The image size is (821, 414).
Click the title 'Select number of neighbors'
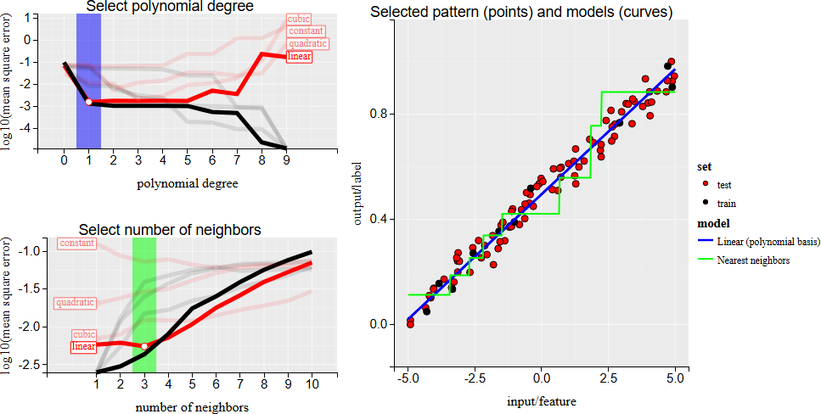pyautogui.click(x=170, y=229)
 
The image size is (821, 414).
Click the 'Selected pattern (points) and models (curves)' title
pyautogui.click(x=521, y=13)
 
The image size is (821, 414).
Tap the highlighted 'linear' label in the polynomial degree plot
pyautogui.click(x=299, y=57)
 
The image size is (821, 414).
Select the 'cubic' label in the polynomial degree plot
pyautogui.click(x=299, y=19)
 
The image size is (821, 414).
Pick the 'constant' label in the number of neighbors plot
pyautogui.click(x=76, y=243)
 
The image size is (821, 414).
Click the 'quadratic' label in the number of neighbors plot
pyautogui.click(x=75, y=302)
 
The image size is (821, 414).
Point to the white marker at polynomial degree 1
pyautogui.click(x=88, y=102)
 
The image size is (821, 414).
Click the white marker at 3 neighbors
pyautogui.click(x=144, y=346)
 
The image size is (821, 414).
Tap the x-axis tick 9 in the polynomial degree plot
pyautogui.click(x=285, y=159)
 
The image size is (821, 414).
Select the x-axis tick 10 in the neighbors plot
pyautogui.click(x=312, y=383)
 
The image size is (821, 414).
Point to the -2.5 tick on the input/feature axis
pyautogui.click(x=475, y=377)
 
